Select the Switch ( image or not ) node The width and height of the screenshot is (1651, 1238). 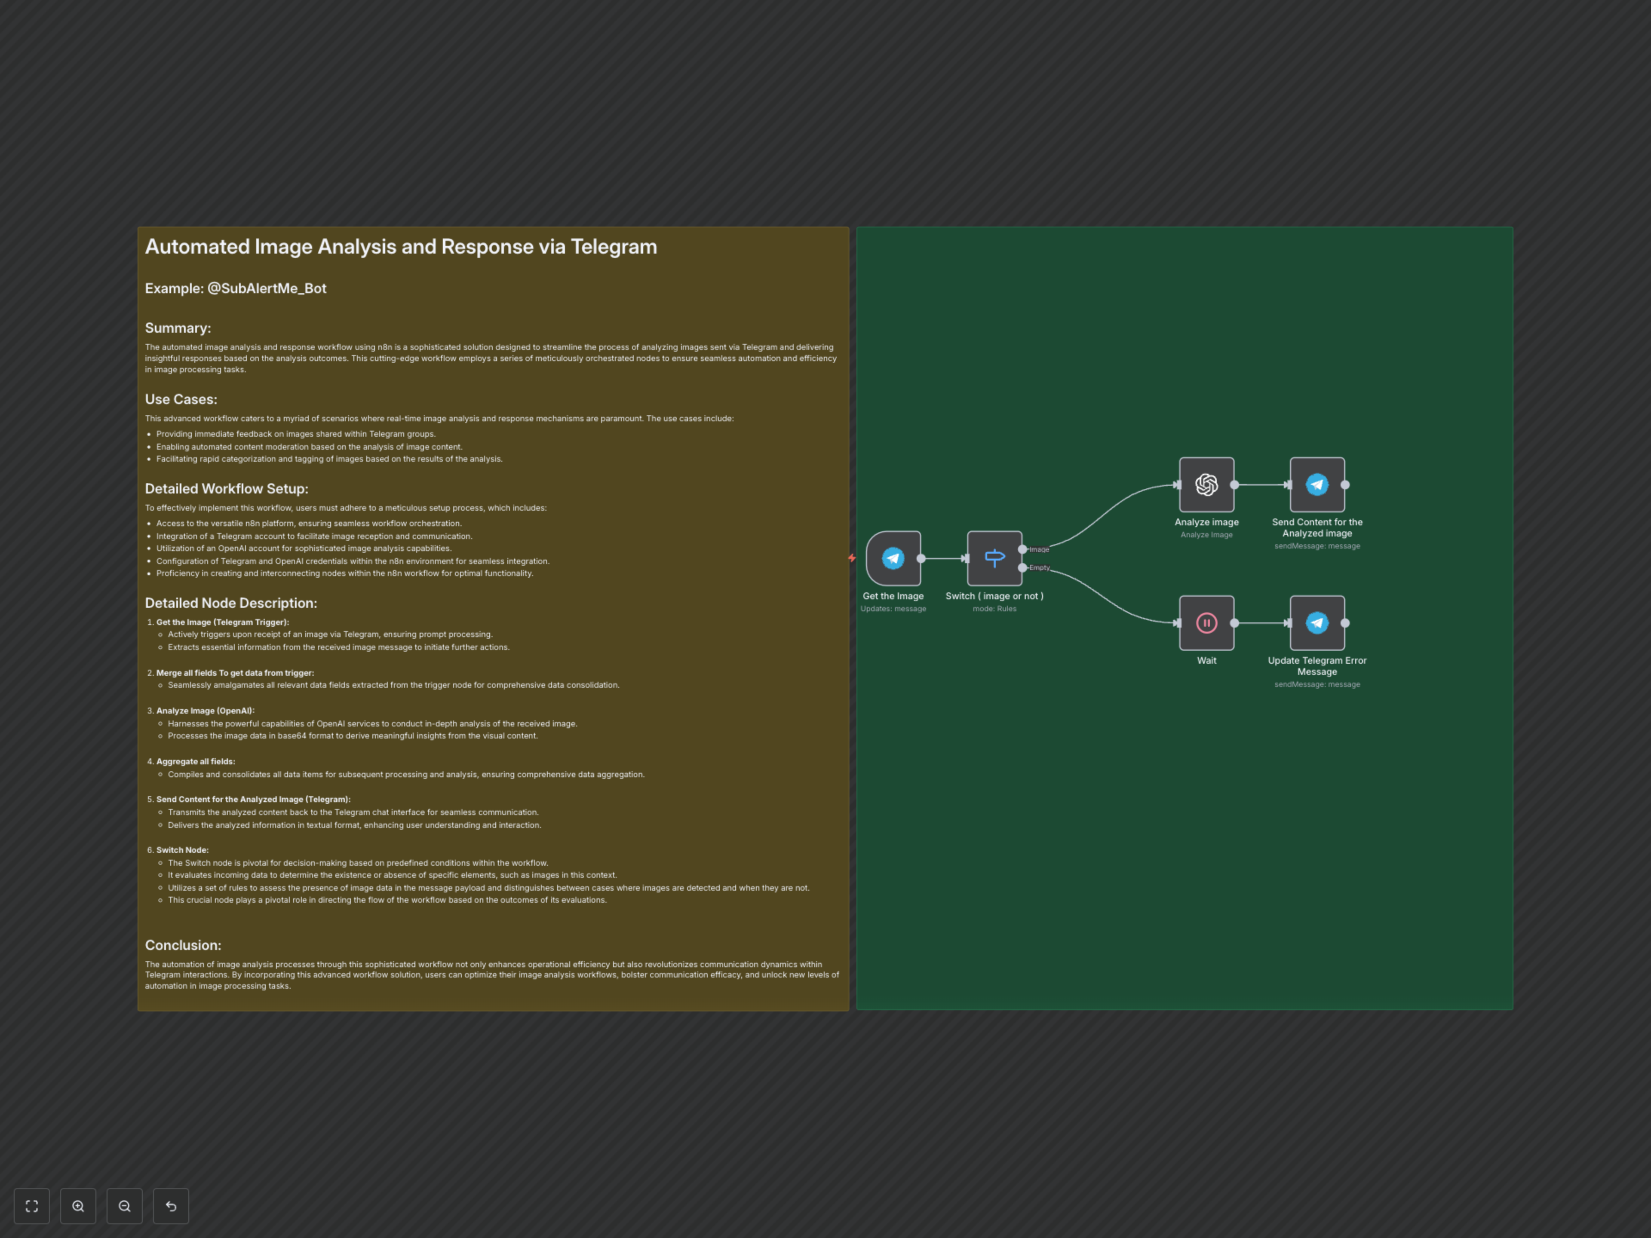pyautogui.click(x=994, y=558)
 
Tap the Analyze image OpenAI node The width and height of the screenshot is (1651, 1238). pyautogui.click(x=1206, y=484)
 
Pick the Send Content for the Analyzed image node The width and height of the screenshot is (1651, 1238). pyautogui.click(x=1317, y=484)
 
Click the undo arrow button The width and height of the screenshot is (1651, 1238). pyautogui.click(x=171, y=1206)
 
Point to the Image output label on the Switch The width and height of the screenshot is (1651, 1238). pyautogui.click(x=1039, y=549)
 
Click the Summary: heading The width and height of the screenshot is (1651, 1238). pyautogui.click(x=178, y=328)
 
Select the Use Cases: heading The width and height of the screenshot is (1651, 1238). pyautogui.click(x=181, y=400)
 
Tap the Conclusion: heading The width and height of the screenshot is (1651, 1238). pyautogui.click(x=183, y=945)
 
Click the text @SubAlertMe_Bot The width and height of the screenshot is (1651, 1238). pyautogui.click(x=267, y=289)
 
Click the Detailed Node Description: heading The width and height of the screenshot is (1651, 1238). pyautogui.click(x=230, y=603)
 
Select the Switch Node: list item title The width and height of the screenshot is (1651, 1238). pyautogui.click(x=182, y=850)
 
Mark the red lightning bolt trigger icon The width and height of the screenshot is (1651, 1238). pyautogui.click(x=852, y=558)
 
